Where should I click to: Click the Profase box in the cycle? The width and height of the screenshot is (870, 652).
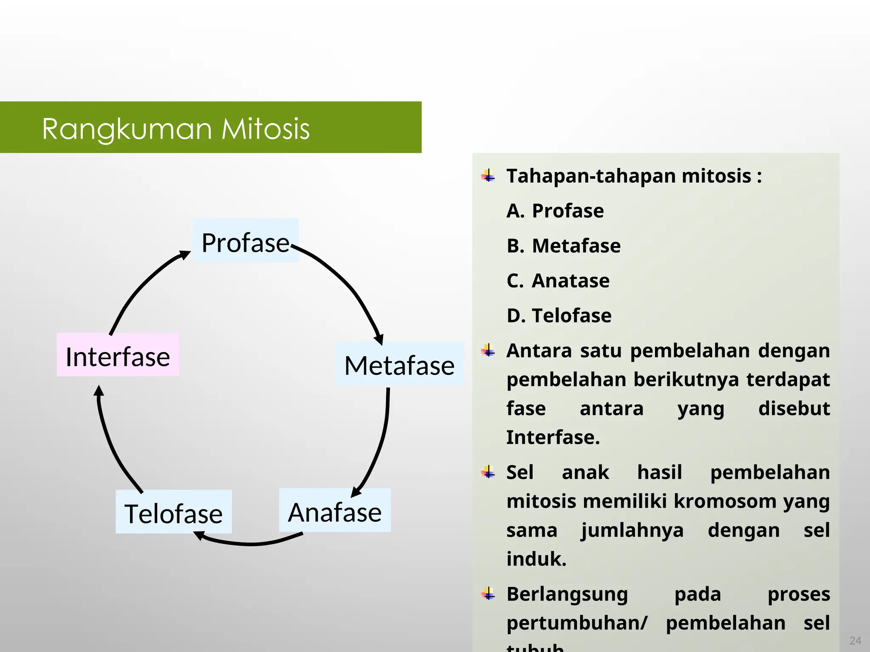[246, 241]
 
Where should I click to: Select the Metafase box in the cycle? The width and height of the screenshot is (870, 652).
[399, 364]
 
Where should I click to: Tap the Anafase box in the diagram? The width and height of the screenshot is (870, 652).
[335, 511]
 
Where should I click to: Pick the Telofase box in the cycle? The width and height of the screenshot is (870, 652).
[173, 512]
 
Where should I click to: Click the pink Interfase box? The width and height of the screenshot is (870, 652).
[118, 355]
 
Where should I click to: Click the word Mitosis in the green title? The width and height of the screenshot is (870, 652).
[266, 129]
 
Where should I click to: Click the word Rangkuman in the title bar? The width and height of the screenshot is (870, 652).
[127, 129]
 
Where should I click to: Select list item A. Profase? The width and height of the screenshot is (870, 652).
[555, 211]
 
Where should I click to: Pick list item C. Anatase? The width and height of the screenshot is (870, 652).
[558, 281]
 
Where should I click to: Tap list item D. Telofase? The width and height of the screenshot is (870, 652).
[559, 316]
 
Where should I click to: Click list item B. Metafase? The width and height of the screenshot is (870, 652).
[563, 246]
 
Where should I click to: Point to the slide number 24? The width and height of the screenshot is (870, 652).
[855, 640]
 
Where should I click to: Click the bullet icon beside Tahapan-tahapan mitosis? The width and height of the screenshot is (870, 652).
[489, 176]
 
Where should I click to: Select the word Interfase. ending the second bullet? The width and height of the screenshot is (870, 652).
[553, 438]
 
